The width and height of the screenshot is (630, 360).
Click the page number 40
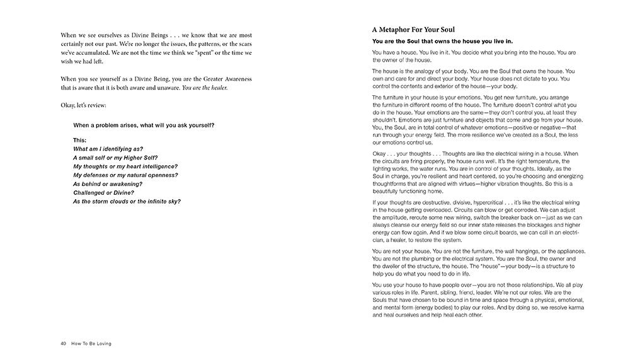(x=64, y=344)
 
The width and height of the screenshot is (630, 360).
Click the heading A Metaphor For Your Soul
(x=413, y=29)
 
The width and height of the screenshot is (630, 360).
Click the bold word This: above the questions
(x=80, y=140)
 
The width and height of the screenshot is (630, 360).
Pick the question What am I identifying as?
(x=108, y=149)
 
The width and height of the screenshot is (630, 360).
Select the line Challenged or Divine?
(x=103, y=192)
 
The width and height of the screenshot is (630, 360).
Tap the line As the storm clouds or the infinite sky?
(x=127, y=201)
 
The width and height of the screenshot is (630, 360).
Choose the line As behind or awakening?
(x=105, y=183)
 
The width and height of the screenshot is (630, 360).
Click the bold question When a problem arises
(x=144, y=125)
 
